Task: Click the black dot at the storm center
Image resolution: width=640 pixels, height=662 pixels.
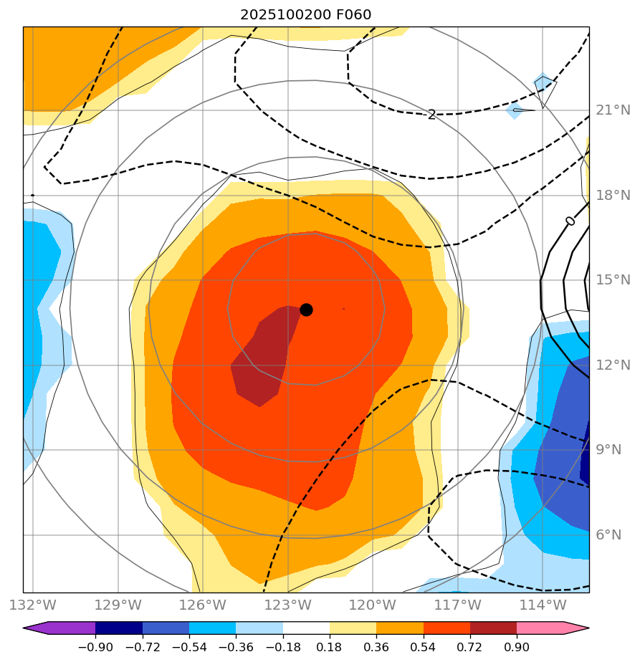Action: click(306, 310)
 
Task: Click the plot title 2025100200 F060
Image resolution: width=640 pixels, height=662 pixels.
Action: click(305, 14)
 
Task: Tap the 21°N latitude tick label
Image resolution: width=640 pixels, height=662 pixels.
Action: click(613, 110)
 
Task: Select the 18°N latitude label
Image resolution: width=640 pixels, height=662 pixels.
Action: click(613, 196)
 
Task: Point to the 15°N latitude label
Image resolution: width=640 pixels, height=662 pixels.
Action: click(613, 280)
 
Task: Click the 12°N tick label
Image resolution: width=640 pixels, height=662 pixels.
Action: click(613, 365)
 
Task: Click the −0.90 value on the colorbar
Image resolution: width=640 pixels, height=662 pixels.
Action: click(95, 648)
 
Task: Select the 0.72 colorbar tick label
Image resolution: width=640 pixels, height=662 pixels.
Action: click(469, 648)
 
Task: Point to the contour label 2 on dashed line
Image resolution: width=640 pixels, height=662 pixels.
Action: click(431, 115)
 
